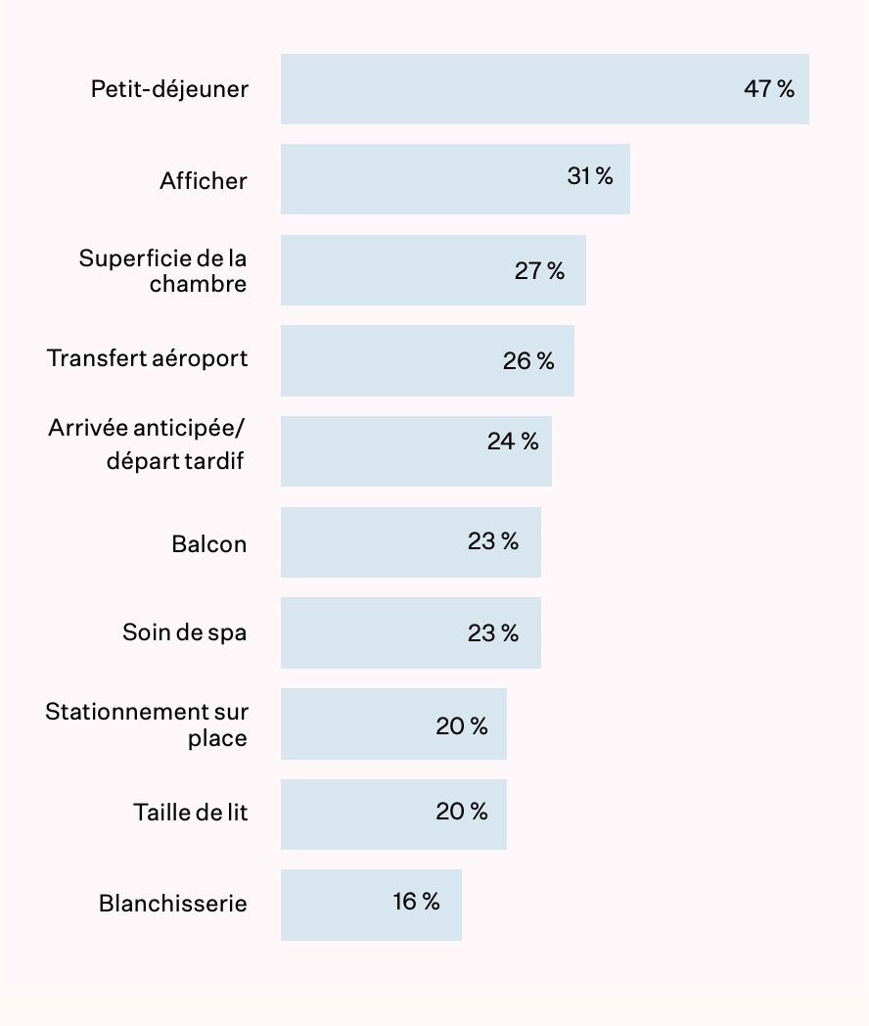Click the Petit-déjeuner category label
pyautogui.click(x=169, y=90)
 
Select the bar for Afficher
pyautogui.click(x=455, y=179)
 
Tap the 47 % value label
pyautogui.click(x=769, y=89)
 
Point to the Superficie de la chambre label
pyautogui.click(x=163, y=271)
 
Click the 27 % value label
pyautogui.click(x=539, y=271)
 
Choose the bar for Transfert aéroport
pyautogui.click(x=427, y=360)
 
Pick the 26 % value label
pyautogui.click(x=528, y=361)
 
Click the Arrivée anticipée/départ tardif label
pyautogui.click(x=147, y=444)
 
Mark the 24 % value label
pyautogui.click(x=513, y=442)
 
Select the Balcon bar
pyautogui.click(x=410, y=542)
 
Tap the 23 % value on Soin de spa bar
pyautogui.click(x=493, y=633)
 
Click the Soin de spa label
pyautogui.click(x=185, y=632)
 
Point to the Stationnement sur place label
pyautogui.click(x=147, y=724)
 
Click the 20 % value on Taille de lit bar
pyautogui.click(x=462, y=812)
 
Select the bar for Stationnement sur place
pyautogui.click(x=393, y=723)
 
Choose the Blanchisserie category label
pyautogui.click(x=173, y=904)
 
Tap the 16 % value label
pyautogui.click(x=417, y=902)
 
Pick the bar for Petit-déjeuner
pyautogui.click(x=544, y=89)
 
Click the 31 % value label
pyautogui.click(x=590, y=176)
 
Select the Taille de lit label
pyautogui.click(x=191, y=813)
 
